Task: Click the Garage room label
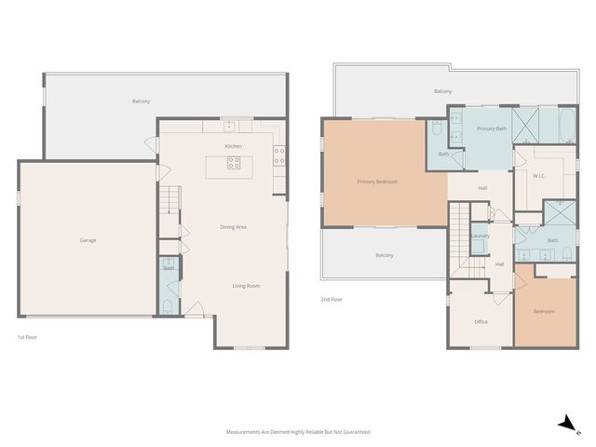pos(88,240)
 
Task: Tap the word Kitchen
pos(234,146)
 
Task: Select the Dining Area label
pos(233,226)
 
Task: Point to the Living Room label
pos(246,286)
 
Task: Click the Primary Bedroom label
pos(377,182)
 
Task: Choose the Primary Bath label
pos(492,128)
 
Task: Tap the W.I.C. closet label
pos(538,175)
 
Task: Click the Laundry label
pos(481,236)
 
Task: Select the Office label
pos(481,321)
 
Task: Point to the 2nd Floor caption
pos(332,299)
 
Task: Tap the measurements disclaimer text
pos(298,432)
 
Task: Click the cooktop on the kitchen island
pos(234,164)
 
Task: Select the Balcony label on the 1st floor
pos(142,101)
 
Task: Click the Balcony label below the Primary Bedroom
pos(384,255)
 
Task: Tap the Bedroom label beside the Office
pos(544,311)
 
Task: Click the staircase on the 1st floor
pos(168,198)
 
